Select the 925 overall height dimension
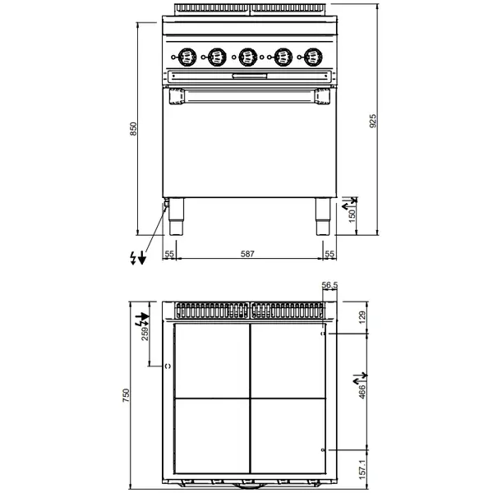coord(372,122)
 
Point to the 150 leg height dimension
coord(353,215)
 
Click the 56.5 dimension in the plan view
coord(330,285)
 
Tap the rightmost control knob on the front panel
coord(311,57)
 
